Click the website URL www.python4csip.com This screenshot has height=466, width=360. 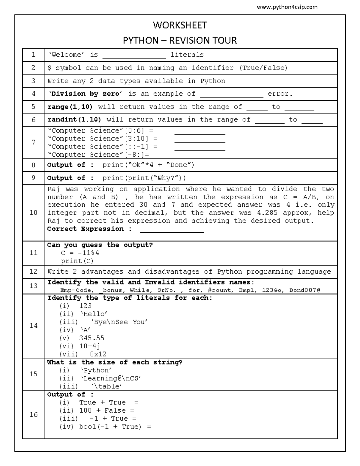(x=287, y=7)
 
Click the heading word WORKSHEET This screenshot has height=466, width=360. (x=180, y=25)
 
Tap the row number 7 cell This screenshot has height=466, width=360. (x=33, y=142)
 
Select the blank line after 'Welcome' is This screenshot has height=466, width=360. (x=134, y=56)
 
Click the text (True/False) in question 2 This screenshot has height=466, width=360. (x=263, y=68)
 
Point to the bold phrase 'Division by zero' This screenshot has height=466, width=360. (x=85, y=94)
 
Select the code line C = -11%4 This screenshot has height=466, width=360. (x=80, y=253)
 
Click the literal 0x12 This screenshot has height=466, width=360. (x=98, y=354)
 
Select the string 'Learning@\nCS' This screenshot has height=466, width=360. (x=111, y=378)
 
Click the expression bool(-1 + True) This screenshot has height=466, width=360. (x=110, y=427)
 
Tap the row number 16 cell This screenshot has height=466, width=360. (x=33, y=414)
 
